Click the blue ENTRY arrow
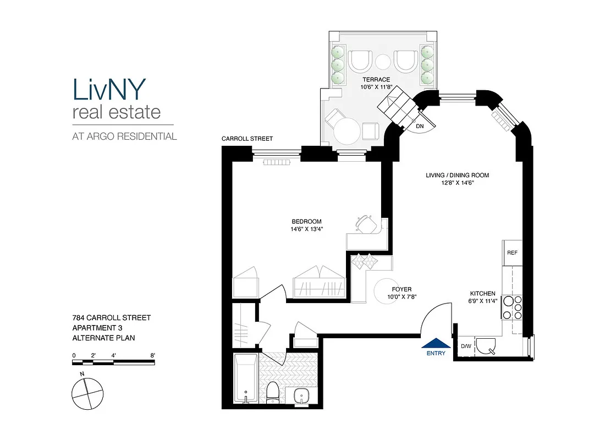coord(436,343)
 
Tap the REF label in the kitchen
coord(512,253)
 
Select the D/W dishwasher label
coord(465,346)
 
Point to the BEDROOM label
coord(306,222)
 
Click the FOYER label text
coord(402,289)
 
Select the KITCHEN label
coord(482,294)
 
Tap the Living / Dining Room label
coord(457,175)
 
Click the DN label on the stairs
coord(420,126)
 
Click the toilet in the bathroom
coord(273,392)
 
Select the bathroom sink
coord(302,395)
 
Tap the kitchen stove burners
coord(512,307)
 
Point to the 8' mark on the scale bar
coord(152,355)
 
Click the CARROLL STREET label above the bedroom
coord(247,139)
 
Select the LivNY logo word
coord(109,89)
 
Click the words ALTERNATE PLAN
coord(103,338)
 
